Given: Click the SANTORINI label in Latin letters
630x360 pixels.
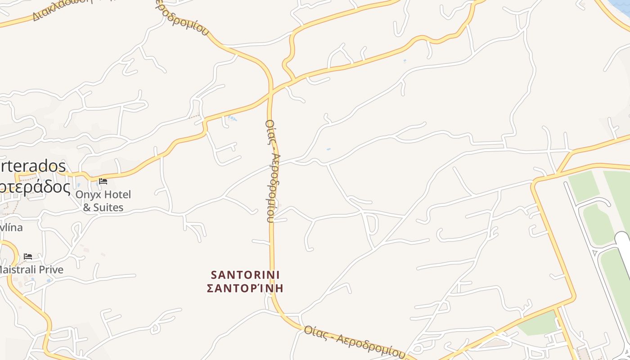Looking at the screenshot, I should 245,274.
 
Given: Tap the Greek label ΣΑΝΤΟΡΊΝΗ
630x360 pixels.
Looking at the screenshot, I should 245,288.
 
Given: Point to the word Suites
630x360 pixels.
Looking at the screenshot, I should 109,207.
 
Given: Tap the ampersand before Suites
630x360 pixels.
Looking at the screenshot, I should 87,207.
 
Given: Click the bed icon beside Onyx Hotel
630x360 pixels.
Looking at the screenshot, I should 103,182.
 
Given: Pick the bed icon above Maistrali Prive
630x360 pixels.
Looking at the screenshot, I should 28,257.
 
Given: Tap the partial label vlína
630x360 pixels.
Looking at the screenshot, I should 11,227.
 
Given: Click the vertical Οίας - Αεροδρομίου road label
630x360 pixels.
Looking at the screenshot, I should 271,171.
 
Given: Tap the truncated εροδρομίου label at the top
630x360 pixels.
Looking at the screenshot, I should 182,18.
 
